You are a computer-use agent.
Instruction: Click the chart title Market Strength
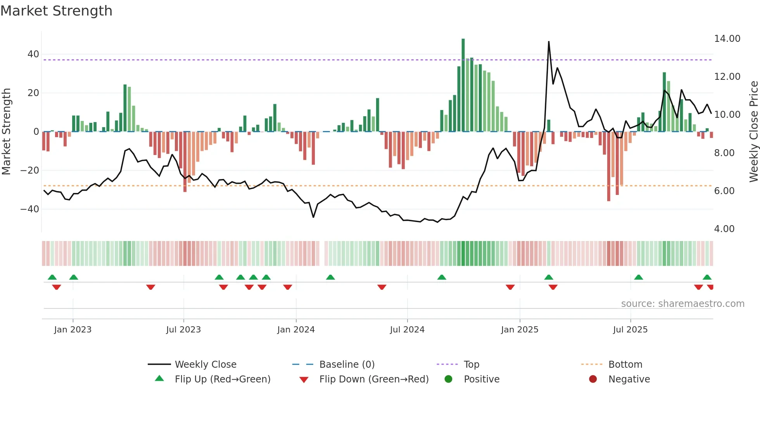click(56, 11)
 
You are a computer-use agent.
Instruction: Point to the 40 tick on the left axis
click(33, 54)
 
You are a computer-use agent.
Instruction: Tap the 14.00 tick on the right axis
click(727, 39)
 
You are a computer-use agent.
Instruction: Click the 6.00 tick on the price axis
click(724, 191)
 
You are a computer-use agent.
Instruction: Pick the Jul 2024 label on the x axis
click(407, 330)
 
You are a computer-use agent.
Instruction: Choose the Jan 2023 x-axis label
click(73, 330)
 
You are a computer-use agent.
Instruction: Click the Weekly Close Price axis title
click(753, 132)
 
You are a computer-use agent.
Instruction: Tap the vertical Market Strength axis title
click(6, 132)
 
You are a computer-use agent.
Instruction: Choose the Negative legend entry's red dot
click(593, 379)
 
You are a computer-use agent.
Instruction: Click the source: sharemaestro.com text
click(682, 304)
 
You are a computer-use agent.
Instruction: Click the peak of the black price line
click(549, 42)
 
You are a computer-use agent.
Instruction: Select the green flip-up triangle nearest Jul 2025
click(639, 277)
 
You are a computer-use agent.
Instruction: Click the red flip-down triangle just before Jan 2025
click(510, 287)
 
